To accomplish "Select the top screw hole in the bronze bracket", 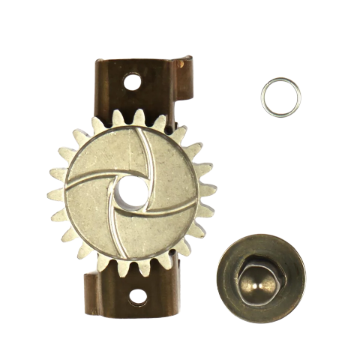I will click(134, 77).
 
